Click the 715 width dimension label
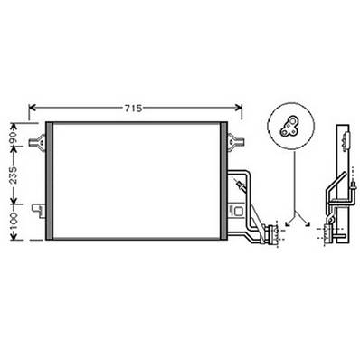tap(132, 108)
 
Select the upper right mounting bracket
tap(235, 139)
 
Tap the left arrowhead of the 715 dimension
tap(33, 108)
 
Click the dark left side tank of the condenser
tap(51, 180)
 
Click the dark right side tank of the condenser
tap(223, 180)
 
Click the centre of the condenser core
tap(137, 180)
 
